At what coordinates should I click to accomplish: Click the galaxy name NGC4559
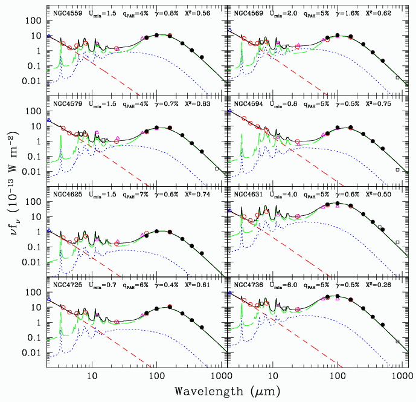tap(67, 13)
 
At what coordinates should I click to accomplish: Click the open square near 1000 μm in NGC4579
tap(217, 169)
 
